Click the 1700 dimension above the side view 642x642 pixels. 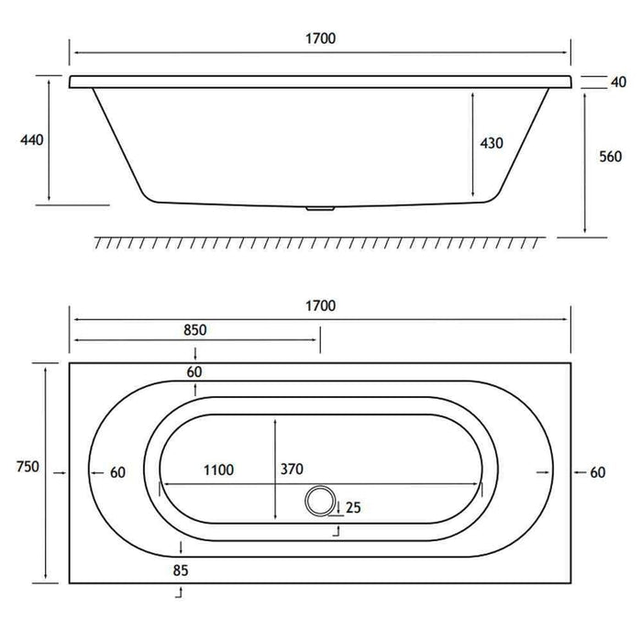tap(321, 39)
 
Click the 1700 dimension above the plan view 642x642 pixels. tap(321, 305)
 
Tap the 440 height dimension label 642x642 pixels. tap(32, 140)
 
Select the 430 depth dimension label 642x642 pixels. tap(492, 143)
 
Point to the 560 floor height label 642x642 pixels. tap(610, 157)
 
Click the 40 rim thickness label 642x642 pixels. tap(619, 83)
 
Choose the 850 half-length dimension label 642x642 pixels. tap(194, 330)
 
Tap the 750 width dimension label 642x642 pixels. tap(28, 466)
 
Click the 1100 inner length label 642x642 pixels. tap(218, 470)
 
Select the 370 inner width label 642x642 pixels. tap(292, 469)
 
